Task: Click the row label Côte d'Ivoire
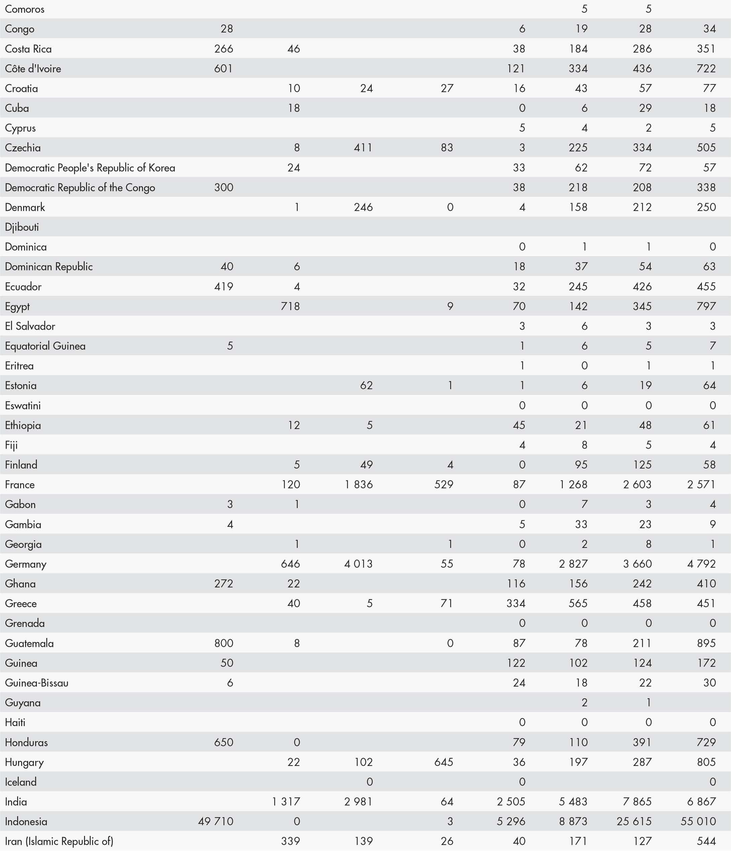pos(33,69)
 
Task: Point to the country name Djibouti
pos(22,227)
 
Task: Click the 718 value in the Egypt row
pos(290,306)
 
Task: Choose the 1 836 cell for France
pos(359,484)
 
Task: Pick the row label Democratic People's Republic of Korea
pos(90,167)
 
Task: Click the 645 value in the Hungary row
pos(444,762)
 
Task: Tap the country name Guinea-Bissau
pos(36,683)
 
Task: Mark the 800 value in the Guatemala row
pos(223,643)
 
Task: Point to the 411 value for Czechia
pos(363,147)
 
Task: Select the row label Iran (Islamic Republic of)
pos(59,841)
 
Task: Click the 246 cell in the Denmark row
pos(363,207)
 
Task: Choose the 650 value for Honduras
pos(223,742)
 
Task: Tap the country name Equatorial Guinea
pos(45,346)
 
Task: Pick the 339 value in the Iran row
pos(290,841)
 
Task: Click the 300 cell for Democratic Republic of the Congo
pos(223,187)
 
